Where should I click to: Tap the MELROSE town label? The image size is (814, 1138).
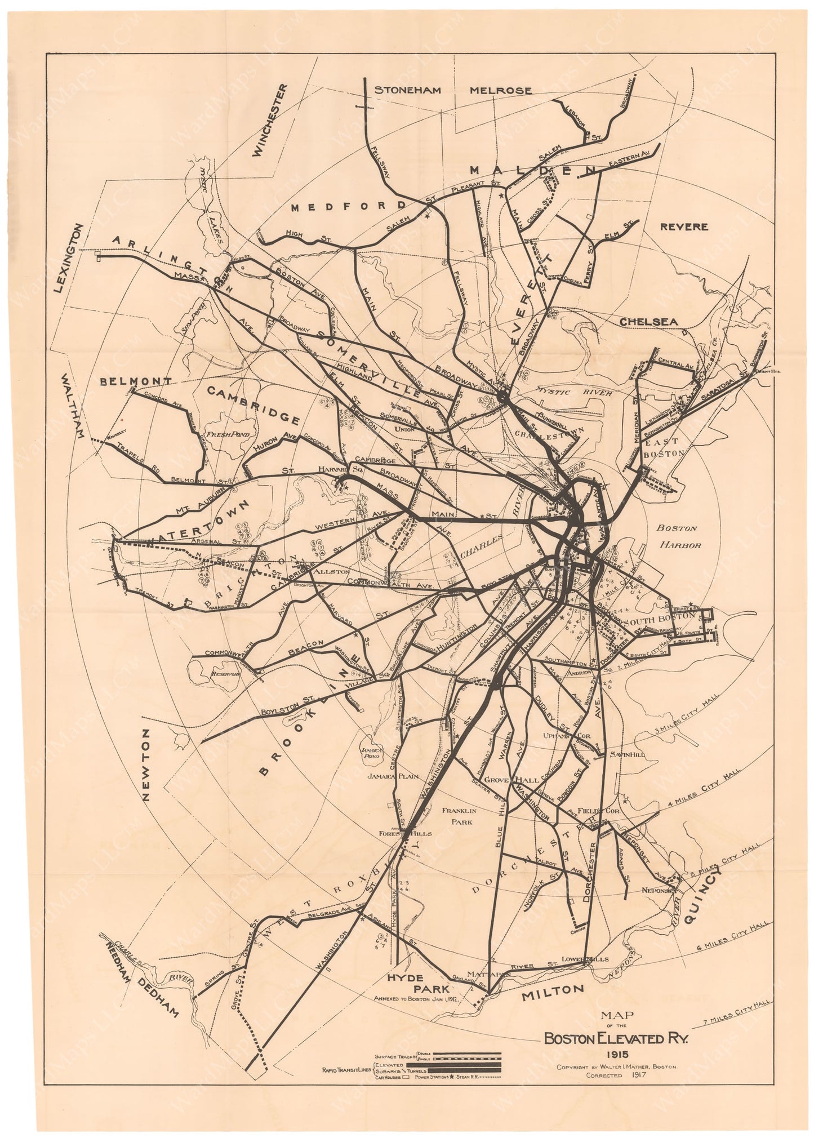click(x=501, y=90)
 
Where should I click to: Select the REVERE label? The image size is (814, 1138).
click(x=683, y=226)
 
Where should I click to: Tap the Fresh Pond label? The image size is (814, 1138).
click(x=223, y=435)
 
